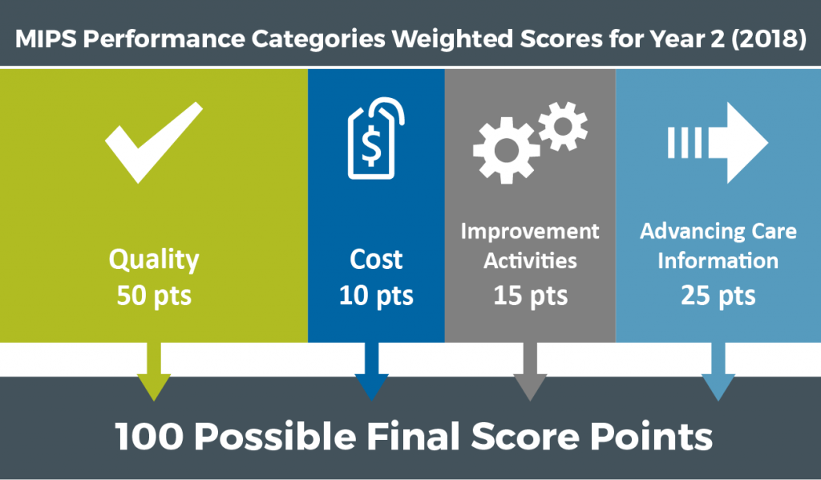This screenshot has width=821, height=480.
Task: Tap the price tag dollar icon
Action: pyautogui.click(x=375, y=138)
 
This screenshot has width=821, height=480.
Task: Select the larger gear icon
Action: pyautogui.click(x=506, y=151)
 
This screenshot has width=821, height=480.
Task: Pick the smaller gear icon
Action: pyautogui.click(x=563, y=126)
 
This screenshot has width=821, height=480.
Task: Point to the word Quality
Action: pyautogui.click(x=154, y=260)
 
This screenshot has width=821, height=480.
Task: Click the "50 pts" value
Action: pyautogui.click(x=154, y=295)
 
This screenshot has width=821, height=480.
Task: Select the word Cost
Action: pyautogui.click(x=376, y=259)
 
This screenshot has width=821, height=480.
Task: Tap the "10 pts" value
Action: pyautogui.click(x=376, y=295)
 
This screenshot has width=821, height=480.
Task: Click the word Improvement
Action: pyautogui.click(x=530, y=232)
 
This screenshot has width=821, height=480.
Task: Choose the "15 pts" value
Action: pyautogui.click(x=531, y=295)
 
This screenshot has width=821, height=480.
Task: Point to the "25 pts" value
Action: pyautogui.click(x=718, y=295)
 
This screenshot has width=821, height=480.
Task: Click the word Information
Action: pyautogui.click(x=718, y=260)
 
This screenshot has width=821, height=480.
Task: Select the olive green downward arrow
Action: pyautogui.click(x=154, y=372)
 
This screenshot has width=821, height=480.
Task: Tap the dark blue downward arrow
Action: pyautogui.click(x=371, y=372)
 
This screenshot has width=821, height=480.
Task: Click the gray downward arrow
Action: pyautogui.click(x=530, y=372)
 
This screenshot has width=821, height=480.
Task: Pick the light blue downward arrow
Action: pyautogui.click(x=718, y=372)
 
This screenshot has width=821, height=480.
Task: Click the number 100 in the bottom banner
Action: pyautogui.click(x=149, y=436)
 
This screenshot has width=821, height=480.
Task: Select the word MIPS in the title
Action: pyautogui.click(x=47, y=39)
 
